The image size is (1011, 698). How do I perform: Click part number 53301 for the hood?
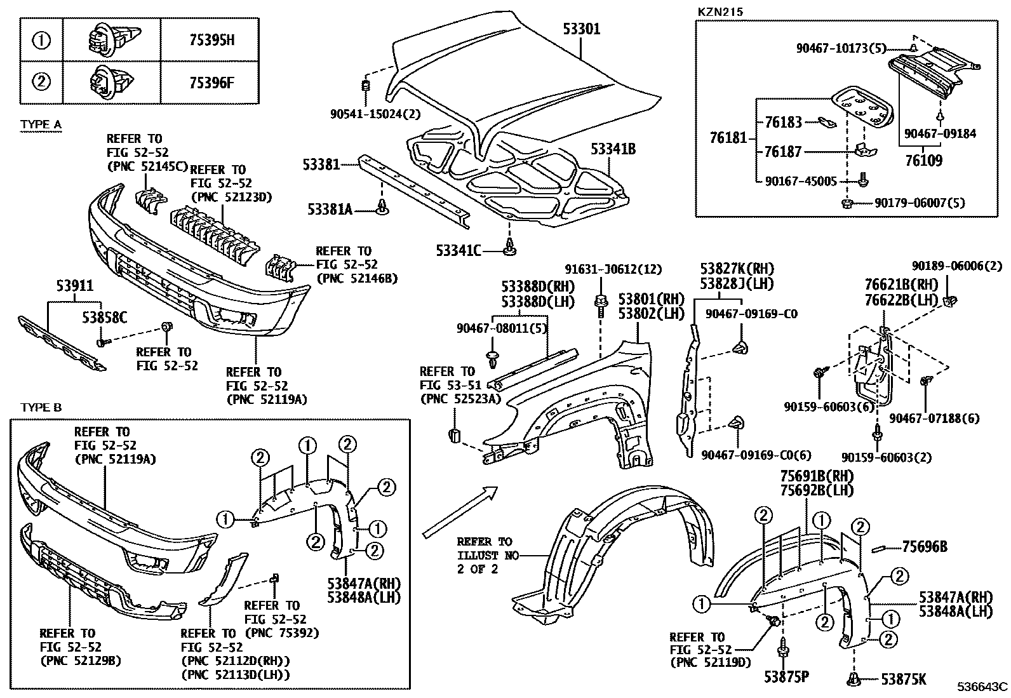pyautogui.click(x=580, y=29)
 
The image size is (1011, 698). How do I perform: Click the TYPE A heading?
pyautogui.click(x=41, y=124)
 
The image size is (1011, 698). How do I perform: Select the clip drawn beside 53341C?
pyautogui.click(x=508, y=249)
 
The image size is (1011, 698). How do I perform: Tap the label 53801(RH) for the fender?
pyautogui.click(x=642, y=299)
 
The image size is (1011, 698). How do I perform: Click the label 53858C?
pyautogui.click(x=104, y=316)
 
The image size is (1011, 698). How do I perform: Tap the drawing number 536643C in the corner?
pyautogui.click(x=982, y=687)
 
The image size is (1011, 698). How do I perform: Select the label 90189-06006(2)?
pyautogui.click(x=957, y=267)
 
